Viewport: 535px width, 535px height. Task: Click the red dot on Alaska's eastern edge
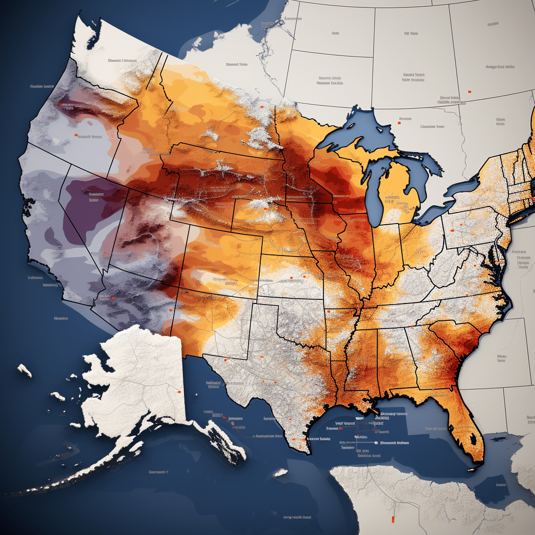click(179, 391)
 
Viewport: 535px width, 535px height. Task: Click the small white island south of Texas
click(281, 472)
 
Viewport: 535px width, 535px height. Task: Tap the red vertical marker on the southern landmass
click(391, 519)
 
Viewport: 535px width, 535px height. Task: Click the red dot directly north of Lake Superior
click(400, 119)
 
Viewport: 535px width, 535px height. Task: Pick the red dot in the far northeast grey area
click(469, 92)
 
